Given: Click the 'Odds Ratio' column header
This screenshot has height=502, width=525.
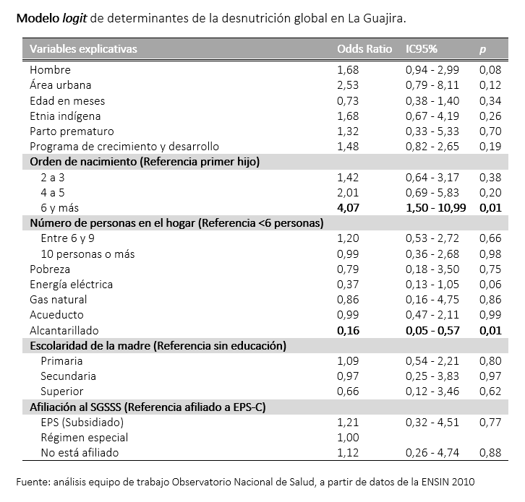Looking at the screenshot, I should (364, 49).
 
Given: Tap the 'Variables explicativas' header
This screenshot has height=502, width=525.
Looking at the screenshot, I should (83, 49).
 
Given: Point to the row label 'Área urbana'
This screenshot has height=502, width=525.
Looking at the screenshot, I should (61, 85).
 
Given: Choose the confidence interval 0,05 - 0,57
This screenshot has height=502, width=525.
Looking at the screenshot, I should (432, 330).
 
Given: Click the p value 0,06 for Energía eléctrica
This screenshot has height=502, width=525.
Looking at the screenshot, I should (490, 284).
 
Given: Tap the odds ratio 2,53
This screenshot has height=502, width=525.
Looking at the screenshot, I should (348, 85).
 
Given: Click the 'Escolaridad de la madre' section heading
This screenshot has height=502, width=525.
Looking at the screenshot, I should (158, 346).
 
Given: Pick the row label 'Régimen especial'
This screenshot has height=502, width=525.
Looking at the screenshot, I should (85, 437).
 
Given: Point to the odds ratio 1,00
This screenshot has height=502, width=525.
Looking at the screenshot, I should (348, 437).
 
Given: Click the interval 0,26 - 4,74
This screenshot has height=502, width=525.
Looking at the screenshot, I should (432, 453).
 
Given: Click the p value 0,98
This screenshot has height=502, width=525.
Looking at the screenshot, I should (490, 254).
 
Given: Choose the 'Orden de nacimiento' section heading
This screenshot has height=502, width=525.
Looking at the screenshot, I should (144, 162).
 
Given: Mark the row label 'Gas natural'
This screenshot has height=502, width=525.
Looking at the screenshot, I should (58, 299).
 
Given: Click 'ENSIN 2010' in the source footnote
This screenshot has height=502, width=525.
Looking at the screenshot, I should (449, 481).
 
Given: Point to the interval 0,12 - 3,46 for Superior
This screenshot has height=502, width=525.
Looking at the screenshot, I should (432, 391).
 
